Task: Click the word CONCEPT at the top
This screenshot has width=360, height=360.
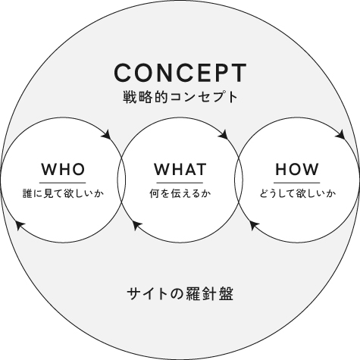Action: coord(180,73)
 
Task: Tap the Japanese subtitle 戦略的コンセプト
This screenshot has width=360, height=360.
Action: coord(180,97)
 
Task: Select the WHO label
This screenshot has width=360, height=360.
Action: coord(63,169)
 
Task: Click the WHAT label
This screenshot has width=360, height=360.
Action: coord(180,169)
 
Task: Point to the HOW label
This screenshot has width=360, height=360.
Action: coord(297,169)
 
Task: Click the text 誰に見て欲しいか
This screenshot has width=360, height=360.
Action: coord(63,194)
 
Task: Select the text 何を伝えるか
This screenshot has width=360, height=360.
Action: coord(180,194)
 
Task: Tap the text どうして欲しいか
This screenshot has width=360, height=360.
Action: coord(298,194)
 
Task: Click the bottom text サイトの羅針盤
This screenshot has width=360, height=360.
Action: coord(180,294)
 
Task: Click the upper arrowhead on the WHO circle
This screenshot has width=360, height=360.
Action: coord(107,134)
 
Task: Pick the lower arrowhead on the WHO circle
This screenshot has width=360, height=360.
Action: coord(20,224)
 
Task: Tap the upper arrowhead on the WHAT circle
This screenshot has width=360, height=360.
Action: coord(224,134)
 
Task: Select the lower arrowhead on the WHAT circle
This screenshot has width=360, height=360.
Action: coord(136,224)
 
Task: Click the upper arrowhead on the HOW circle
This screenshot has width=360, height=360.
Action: coord(340,134)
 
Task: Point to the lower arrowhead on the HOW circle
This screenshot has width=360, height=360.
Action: coord(254,224)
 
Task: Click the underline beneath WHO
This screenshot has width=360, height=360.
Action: coord(62,183)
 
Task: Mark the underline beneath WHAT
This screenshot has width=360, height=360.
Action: coord(180,183)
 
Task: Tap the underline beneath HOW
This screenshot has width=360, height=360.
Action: coord(297,183)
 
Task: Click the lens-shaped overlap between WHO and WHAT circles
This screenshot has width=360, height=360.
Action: coord(121,180)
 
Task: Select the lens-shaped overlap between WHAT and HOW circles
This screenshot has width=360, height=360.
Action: coord(239,180)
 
